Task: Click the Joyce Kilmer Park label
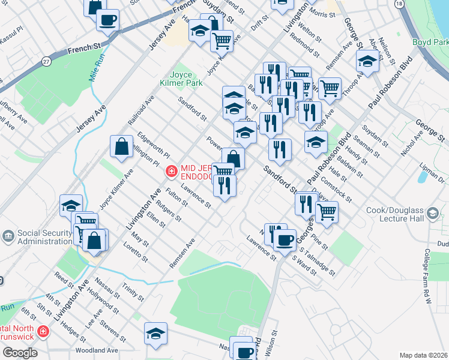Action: click(183, 79)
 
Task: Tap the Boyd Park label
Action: click(430, 43)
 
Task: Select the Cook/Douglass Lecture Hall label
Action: click(411, 215)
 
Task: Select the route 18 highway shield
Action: click(399, 4)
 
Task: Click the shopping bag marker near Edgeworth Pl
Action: click(121, 147)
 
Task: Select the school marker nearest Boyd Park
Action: click(367, 61)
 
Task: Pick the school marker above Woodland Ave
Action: click(155, 334)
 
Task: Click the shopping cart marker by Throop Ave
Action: click(330, 89)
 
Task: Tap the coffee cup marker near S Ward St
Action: click(285, 241)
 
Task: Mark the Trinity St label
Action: click(133, 293)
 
